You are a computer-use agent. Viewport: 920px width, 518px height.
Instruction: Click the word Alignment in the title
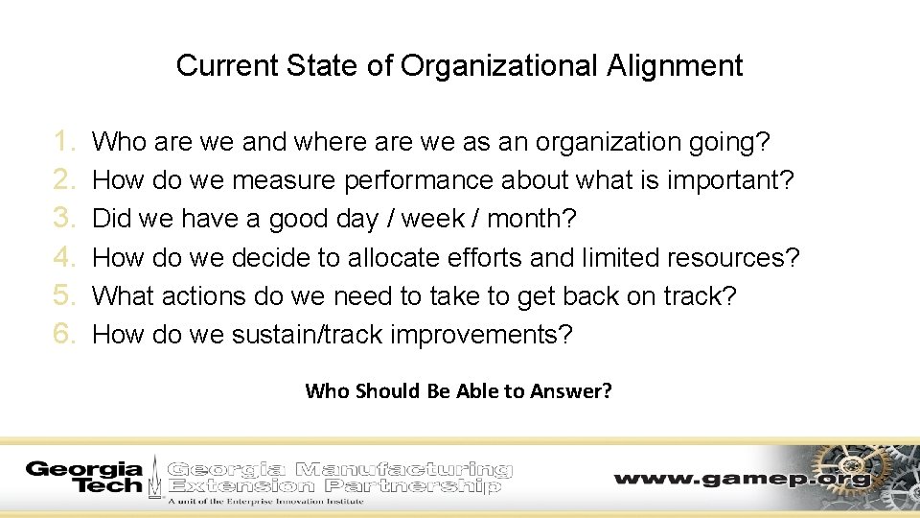(674, 65)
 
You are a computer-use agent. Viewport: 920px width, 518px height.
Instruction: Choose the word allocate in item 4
(409, 258)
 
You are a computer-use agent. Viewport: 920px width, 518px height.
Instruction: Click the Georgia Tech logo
(83, 477)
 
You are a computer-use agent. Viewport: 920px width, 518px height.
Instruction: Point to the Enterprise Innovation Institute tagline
(265, 501)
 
